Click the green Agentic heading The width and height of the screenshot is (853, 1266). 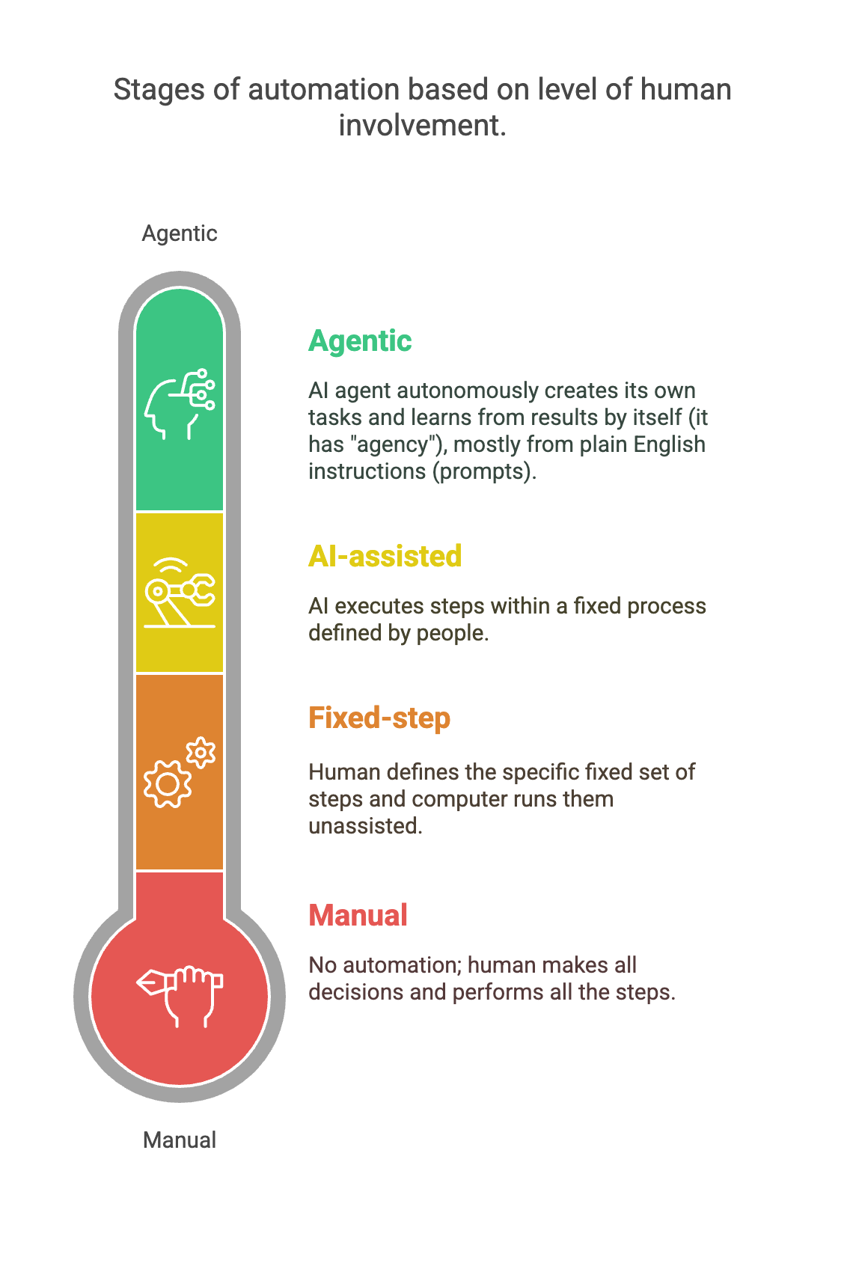360,341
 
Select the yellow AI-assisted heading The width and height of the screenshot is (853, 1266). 385,557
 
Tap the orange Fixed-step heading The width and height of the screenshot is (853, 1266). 379,718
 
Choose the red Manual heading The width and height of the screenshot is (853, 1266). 358,916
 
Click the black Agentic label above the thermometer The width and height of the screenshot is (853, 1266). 180,233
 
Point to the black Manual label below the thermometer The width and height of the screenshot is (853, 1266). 180,1140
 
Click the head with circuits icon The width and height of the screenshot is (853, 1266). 180,404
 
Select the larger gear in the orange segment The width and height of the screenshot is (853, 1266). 167,784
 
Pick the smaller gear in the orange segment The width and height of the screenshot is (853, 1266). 201,753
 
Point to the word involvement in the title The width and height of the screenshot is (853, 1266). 421,126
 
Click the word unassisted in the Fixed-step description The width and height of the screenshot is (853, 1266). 365,826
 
